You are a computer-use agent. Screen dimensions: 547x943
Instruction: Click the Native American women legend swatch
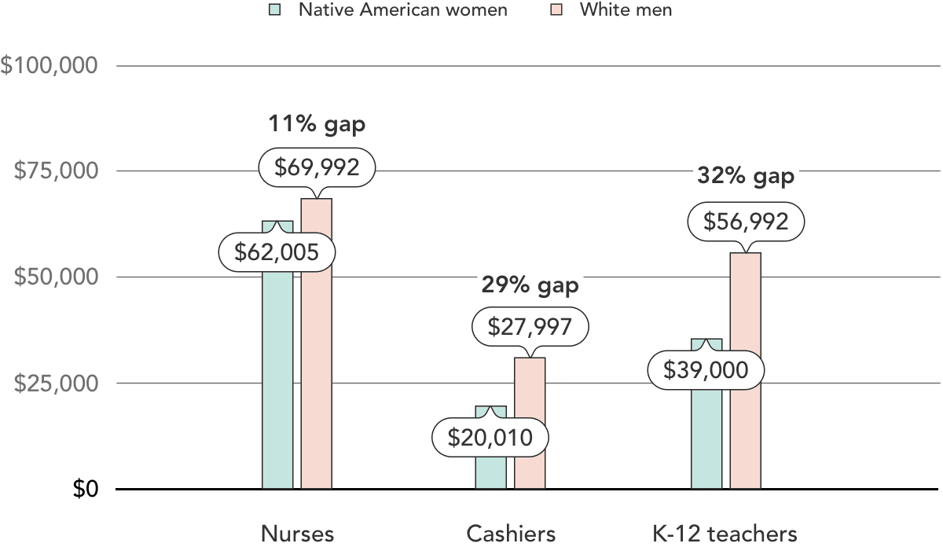click(274, 10)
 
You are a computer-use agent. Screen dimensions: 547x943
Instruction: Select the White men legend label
click(626, 10)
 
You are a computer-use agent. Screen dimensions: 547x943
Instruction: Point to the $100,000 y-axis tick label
click(50, 65)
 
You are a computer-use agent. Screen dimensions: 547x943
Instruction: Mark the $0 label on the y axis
click(86, 489)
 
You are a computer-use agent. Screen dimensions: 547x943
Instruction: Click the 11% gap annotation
click(317, 124)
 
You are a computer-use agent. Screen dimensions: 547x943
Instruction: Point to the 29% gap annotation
click(530, 285)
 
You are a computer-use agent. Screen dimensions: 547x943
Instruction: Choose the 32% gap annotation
click(746, 176)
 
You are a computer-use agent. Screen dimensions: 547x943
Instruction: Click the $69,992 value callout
click(317, 167)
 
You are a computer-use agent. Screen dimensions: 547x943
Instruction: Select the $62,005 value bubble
click(277, 252)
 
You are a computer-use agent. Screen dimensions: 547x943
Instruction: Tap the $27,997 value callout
click(530, 327)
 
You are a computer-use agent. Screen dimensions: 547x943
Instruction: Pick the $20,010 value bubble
click(490, 439)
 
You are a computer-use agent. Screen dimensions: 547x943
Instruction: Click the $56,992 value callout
click(746, 222)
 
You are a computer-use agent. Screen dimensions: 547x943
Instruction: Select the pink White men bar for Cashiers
click(530, 424)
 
